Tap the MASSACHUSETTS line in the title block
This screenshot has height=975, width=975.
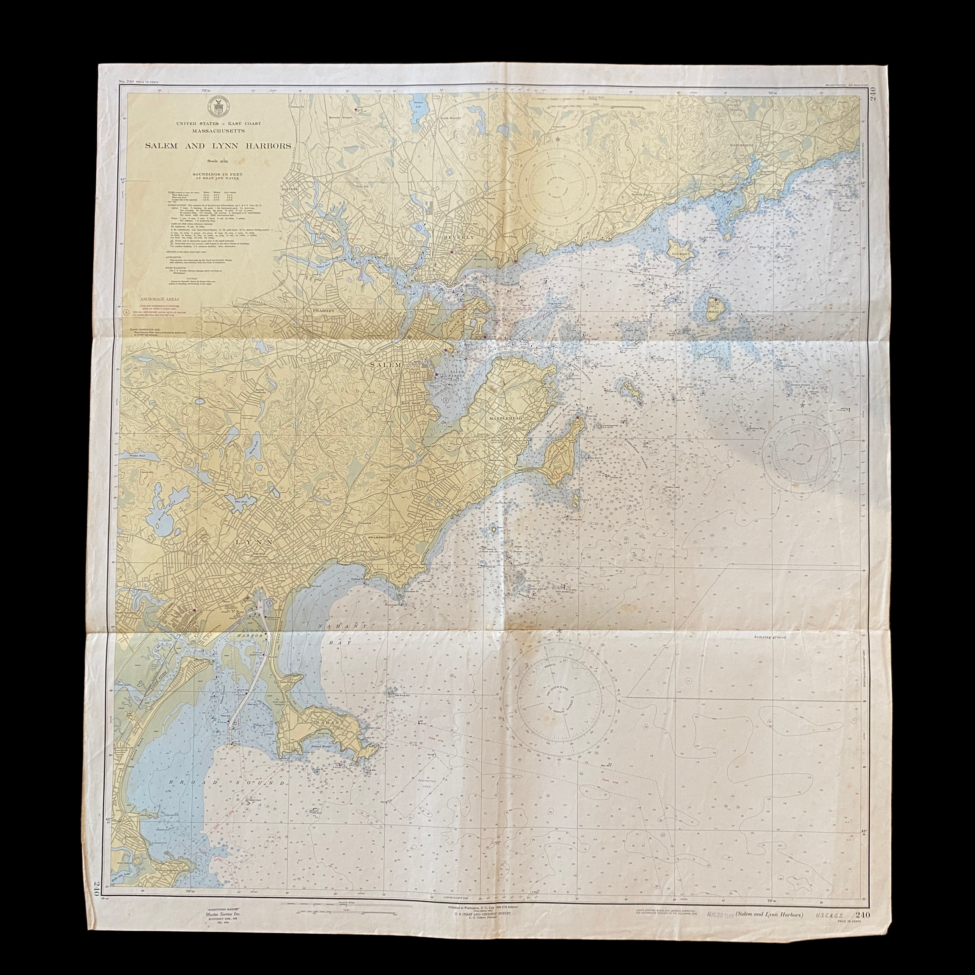tap(218, 130)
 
